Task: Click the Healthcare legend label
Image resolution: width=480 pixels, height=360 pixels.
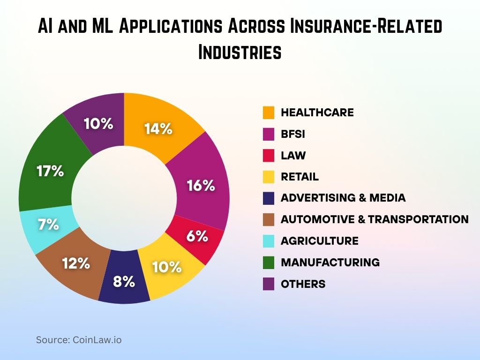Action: [x=317, y=112]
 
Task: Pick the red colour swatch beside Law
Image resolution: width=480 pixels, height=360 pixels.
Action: [x=269, y=156]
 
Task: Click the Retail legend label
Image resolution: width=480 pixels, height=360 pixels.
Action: [x=300, y=177]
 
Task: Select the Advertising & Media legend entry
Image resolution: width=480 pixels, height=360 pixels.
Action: [x=343, y=198]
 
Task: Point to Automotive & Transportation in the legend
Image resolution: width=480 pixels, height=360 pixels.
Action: [x=375, y=219]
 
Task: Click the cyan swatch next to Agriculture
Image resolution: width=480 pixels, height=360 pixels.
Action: [x=269, y=241]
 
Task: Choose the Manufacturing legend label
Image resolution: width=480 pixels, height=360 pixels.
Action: [x=330, y=262]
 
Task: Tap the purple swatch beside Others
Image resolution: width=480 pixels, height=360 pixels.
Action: [x=269, y=284]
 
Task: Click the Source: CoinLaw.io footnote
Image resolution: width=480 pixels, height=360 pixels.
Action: [x=79, y=340]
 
